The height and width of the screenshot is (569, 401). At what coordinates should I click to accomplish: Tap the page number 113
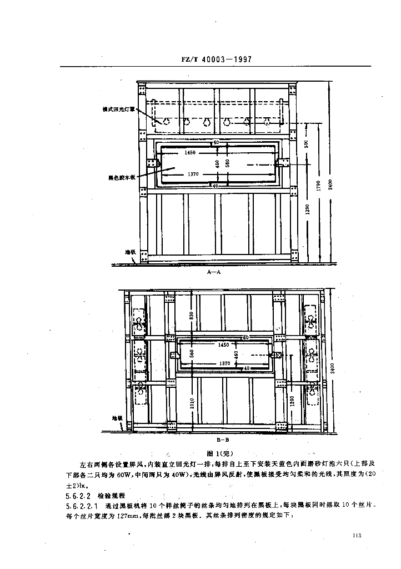357,535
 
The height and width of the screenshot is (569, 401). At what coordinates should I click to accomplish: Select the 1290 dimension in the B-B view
292,401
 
